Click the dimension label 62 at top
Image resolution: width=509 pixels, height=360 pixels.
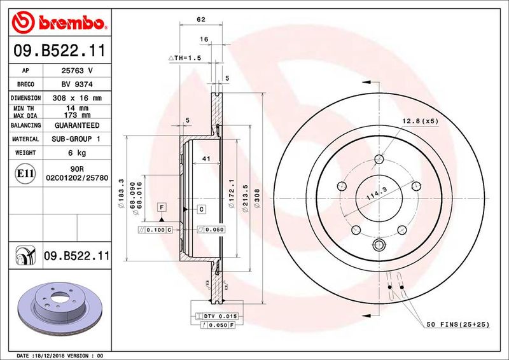(x=201, y=20)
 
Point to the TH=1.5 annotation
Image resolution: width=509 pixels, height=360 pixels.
(x=185, y=58)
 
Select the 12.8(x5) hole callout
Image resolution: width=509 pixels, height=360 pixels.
(x=420, y=121)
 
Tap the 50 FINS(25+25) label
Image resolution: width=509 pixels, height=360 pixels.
(x=457, y=324)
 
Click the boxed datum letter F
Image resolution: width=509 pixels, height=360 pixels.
(x=162, y=208)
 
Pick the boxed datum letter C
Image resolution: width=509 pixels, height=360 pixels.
(x=201, y=209)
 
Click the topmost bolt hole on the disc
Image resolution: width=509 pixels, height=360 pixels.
(x=379, y=160)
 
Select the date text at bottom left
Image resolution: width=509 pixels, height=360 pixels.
(x=59, y=355)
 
